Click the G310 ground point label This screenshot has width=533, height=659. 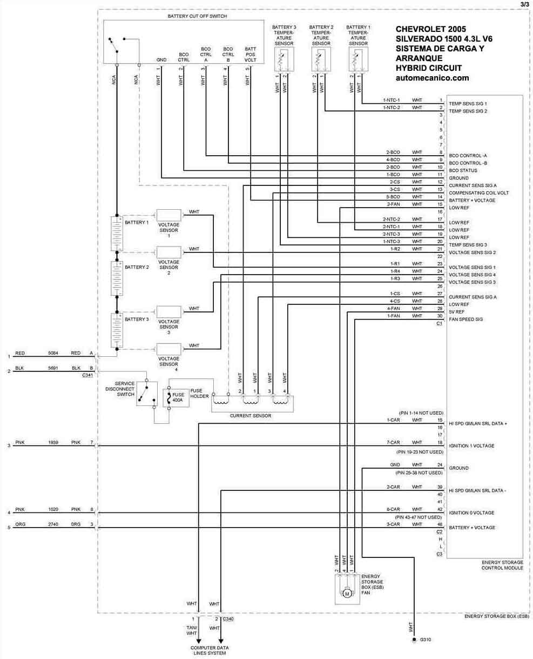pos(426,640)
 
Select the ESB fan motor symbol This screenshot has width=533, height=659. pos(347,594)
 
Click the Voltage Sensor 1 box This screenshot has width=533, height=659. pos(168,215)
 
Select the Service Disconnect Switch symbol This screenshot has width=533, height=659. pos(144,394)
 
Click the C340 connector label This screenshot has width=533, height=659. pos(228,618)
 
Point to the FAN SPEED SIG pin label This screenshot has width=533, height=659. pos(465,319)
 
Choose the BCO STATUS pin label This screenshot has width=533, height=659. pos(462,170)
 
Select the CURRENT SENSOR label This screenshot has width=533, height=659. pos(251,416)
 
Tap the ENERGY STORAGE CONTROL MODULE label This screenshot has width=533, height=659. pos(502,565)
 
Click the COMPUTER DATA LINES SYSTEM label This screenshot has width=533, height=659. pos(210,650)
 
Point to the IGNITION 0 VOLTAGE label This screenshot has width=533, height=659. pos(471,512)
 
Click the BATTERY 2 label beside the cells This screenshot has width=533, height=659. pos(137,267)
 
